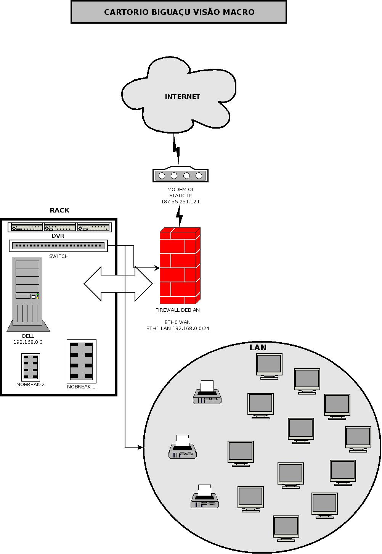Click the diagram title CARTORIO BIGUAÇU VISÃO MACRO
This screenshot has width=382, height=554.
pos(179,12)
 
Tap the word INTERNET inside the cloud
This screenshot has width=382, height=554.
pos(182,97)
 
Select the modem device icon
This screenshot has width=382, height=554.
pos(180,174)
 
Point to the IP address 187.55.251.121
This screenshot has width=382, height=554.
pos(180,201)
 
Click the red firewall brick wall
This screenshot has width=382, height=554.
pos(180,266)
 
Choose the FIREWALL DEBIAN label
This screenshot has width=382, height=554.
pos(177,310)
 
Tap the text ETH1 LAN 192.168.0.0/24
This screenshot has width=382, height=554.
pos(178,329)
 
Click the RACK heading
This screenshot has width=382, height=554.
pos(59,210)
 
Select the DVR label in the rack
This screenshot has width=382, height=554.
pos(58,236)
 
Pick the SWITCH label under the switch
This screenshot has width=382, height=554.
pos(59,256)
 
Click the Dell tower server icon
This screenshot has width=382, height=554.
pos(28,294)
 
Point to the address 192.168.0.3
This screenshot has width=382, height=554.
pos(28,342)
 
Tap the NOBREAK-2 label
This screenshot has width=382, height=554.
pos(30,384)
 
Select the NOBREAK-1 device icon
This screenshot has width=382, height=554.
pos(82,361)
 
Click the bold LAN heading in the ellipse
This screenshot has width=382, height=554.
pos(258,348)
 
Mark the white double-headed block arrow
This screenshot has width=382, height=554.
pos(118,284)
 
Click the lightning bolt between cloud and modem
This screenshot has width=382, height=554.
pos(177,150)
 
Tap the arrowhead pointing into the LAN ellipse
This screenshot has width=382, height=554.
pos(140,447)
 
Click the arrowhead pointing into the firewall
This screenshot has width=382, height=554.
pos(157,267)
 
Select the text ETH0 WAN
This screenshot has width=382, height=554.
pos(178,322)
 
